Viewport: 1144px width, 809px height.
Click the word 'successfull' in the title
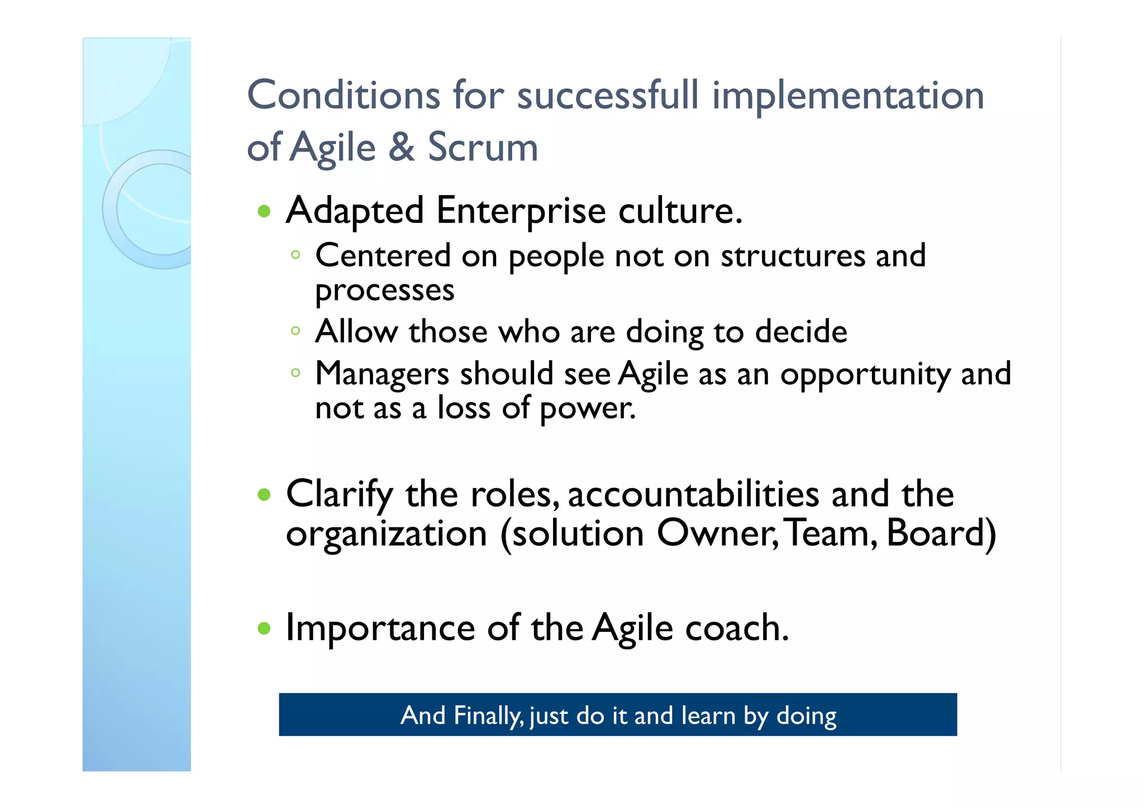click(x=607, y=95)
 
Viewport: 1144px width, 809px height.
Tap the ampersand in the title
click(x=402, y=147)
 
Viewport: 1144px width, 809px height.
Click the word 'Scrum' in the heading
click(x=483, y=147)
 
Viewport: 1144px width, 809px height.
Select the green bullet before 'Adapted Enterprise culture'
click(x=264, y=212)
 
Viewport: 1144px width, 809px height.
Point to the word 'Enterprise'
click(x=521, y=211)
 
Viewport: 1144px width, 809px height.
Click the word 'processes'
click(x=384, y=291)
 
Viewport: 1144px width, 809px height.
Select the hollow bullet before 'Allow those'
click(x=295, y=331)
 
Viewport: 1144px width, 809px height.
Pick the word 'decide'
click(x=801, y=331)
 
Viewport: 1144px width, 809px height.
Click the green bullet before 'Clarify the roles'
click(x=264, y=494)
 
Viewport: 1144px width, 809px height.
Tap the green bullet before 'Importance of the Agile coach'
click(x=264, y=629)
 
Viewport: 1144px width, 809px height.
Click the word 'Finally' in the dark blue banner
click(x=489, y=716)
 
